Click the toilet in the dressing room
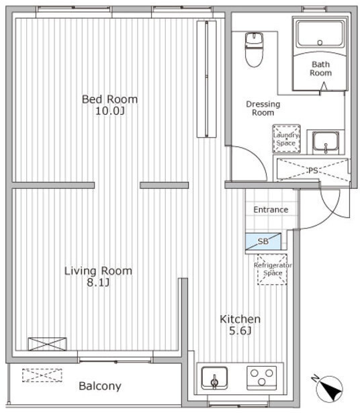click(254, 50)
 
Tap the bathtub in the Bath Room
click(320, 34)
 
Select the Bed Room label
click(110, 99)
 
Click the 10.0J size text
click(110, 111)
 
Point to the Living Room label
click(98, 271)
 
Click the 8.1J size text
click(98, 283)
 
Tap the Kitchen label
click(240, 319)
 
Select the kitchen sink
click(214, 378)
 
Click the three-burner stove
click(261, 377)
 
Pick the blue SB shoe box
click(263, 241)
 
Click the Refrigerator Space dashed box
click(272, 269)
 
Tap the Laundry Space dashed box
click(286, 138)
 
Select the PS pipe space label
click(313, 171)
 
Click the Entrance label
click(271, 210)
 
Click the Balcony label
click(100, 386)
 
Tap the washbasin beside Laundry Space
click(326, 142)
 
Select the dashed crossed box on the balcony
click(42, 375)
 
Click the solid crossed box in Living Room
click(48, 344)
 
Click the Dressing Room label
click(263, 108)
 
